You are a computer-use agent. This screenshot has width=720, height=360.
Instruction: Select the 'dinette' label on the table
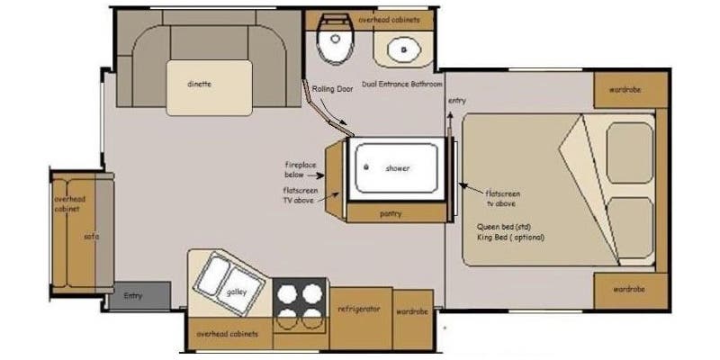click(x=199, y=85)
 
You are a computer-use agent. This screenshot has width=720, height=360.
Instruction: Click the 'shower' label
click(x=397, y=168)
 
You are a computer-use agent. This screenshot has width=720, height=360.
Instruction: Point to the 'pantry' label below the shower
click(x=391, y=213)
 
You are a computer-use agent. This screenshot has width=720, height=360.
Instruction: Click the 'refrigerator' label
click(x=360, y=309)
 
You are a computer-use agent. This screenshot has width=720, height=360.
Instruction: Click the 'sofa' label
click(x=91, y=236)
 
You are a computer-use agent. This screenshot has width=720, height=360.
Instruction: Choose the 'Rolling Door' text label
click(x=329, y=88)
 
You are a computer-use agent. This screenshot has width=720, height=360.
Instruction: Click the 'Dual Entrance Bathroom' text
click(x=402, y=84)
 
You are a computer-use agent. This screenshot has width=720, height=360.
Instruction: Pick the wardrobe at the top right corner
click(x=630, y=89)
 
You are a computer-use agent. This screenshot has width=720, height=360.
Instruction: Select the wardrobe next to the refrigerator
click(x=412, y=310)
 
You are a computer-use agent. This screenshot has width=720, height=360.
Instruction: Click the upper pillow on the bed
click(x=629, y=152)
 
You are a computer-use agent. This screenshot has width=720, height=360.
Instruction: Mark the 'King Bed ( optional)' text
click(x=511, y=238)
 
